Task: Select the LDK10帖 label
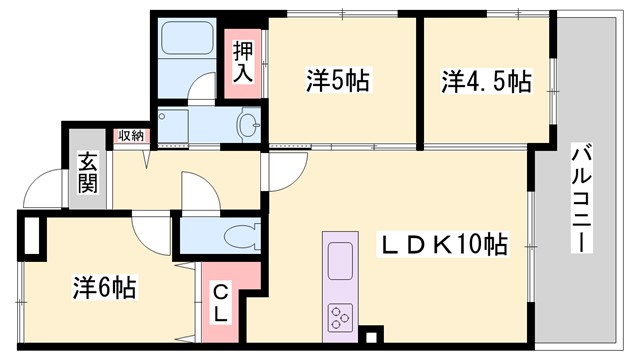pyautogui.click(x=442, y=243)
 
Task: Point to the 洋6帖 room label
pyautogui.click(x=103, y=288)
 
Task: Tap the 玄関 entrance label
pyautogui.click(x=87, y=171)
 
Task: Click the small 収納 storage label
pyautogui.click(x=131, y=136)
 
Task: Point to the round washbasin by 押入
pyautogui.click(x=246, y=125)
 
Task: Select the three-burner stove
pyautogui.click(x=339, y=319)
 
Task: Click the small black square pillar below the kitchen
pyautogui.click(x=372, y=337)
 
